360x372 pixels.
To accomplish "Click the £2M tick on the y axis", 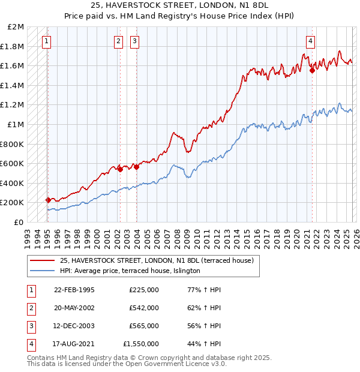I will [x=16, y=27].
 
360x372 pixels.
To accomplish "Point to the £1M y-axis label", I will [x=16, y=124].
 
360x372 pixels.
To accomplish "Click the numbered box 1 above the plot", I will [x=47, y=41].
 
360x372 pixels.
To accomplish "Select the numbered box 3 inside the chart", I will [x=134, y=41].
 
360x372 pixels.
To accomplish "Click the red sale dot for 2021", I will [x=312, y=70].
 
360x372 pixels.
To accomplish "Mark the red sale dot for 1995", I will [x=48, y=200].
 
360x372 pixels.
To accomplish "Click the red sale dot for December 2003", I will [x=136, y=167].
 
